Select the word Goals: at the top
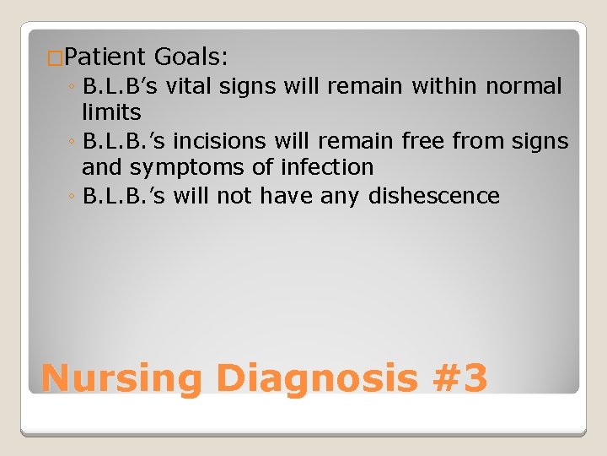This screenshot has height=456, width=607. click(191, 57)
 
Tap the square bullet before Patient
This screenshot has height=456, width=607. click(55, 59)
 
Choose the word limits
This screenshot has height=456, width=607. click(111, 112)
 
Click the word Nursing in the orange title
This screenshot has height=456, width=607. click(121, 378)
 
